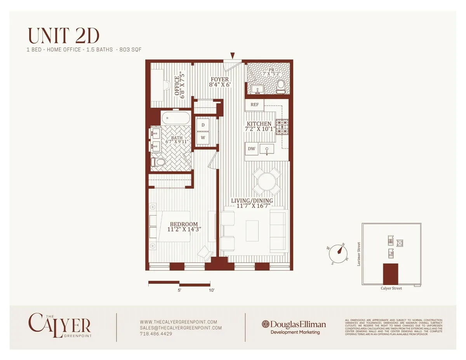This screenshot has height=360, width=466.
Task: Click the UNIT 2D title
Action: pyautogui.click(x=64, y=36)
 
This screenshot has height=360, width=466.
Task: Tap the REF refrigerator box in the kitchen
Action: pyautogui.click(x=254, y=105)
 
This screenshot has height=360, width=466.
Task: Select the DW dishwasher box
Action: pyautogui.click(x=251, y=148)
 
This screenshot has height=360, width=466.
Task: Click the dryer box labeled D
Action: pyautogui.click(x=203, y=125)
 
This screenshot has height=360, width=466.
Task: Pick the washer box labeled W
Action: pyautogui.click(x=203, y=137)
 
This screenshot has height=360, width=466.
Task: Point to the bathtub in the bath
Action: pyautogui.click(x=176, y=117)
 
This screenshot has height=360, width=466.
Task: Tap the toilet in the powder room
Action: pyautogui.click(x=280, y=87)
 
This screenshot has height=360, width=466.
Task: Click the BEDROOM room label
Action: pyautogui.click(x=184, y=227)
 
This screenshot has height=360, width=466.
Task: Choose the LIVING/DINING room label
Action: pyautogui.click(x=252, y=203)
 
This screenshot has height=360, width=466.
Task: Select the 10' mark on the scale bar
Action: pyautogui.click(x=212, y=290)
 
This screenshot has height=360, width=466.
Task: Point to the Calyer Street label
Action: pyautogui.click(x=391, y=288)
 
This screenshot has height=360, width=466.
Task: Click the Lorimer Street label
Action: pyautogui.click(x=358, y=255)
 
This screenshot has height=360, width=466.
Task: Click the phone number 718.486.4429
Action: pyautogui.click(x=156, y=334)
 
